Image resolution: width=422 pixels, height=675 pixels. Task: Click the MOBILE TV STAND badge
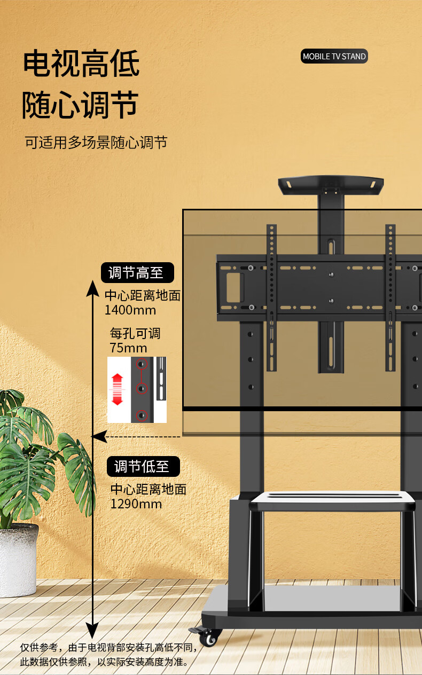pyautogui.click(x=334, y=57)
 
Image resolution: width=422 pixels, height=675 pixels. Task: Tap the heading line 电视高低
pyautogui.click(x=81, y=64)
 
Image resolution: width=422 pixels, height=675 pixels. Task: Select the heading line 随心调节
pyautogui.click(x=80, y=105)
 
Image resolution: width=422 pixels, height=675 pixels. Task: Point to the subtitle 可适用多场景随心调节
pyautogui.click(x=96, y=143)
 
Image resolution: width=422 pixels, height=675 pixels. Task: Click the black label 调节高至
pyautogui.click(x=138, y=273)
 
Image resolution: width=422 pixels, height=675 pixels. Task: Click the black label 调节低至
pyautogui.click(x=143, y=466)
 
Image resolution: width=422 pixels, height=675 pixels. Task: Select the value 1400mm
pyautogui.click(x=130, y=310)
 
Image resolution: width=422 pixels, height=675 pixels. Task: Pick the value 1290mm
pyautogui.click(x=136, y=504)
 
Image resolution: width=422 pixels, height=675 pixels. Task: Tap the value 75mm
pyautogui.click(x=128, y=348)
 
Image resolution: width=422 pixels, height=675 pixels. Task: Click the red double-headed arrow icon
pyautogui.click(x=118, y=389)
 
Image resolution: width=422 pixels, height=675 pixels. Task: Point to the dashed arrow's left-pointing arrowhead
pyautogui.click(x=97, y=437)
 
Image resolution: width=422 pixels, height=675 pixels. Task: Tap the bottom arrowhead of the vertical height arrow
pyautogui.click(x=92, y=633)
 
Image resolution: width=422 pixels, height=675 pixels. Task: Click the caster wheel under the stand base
pyautogui.click(x=210, y=637)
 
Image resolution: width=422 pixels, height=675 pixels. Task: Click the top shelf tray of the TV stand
pyautogui.click(x=331, y=184)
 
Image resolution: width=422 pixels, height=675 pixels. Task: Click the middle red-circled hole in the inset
pyautogui.click(x=142, y=389)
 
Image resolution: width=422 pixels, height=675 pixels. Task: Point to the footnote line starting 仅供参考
pyautogui.click(x=109, y=648)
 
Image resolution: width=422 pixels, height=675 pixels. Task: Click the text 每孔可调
pyautogui.click(x=135, y=334)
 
